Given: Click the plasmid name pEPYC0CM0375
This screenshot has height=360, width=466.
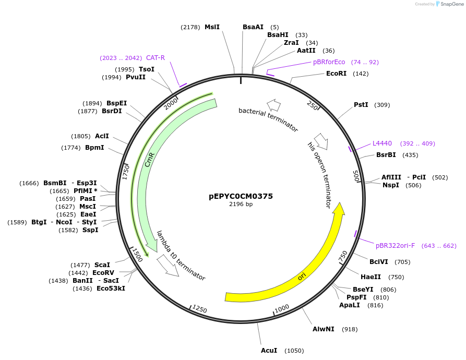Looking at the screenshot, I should pyautogui.click(x=241, y=196).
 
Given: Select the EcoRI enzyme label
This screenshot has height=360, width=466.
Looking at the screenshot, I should pyautogui.click(x=336, y=74).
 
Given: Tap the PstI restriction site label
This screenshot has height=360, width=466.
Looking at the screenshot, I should pyautogui.click(x=361, y=105).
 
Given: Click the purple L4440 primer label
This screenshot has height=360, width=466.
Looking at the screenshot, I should pyautogui.click(x=382, y=143).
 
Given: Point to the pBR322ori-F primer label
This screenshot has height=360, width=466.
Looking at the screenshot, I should pyautogui.click(x=395, y=246).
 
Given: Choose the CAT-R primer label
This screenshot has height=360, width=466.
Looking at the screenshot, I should pyautogui.click(x=156, y=58).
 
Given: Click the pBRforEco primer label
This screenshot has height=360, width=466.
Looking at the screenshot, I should pyautogui.click(x=329, y=62).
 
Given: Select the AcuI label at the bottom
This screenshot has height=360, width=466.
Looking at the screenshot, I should pyautogui.click(x=269, y=351).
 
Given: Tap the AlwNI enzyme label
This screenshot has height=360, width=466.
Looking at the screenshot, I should pyautogui.click(x=324, y=329).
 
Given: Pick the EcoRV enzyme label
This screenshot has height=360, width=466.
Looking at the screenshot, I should pyautogui.click(x=103, y=273).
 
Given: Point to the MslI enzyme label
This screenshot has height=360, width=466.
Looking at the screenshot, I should pyautogui.click(x=212, y=27).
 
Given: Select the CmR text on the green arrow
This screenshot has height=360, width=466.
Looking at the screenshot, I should pyautogui.click(x=150, y=160).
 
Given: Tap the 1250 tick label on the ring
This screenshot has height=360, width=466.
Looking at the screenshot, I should pyautogui.click(x=200, y=310).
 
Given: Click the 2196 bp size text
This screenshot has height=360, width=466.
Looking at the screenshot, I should pyautogui.click(x=241, y=204).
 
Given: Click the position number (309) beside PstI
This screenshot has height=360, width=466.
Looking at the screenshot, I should pyautogui.click(x=382, y=105).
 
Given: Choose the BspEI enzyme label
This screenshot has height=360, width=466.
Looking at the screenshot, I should pyautogui.click(x=116, y=103).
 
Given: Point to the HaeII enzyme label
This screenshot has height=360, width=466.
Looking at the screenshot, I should pyautogui.click(x=371, y=277).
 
